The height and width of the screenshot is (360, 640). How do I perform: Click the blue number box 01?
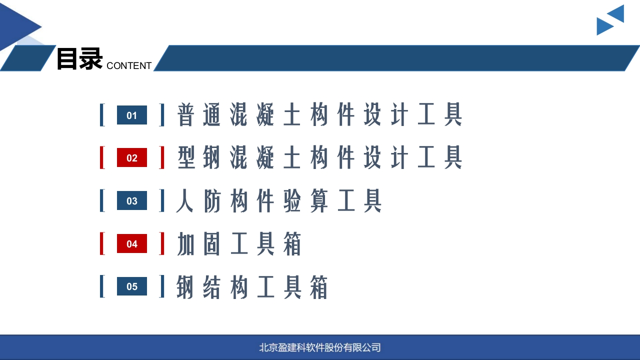coord(132,115)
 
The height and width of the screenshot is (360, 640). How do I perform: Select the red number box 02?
coord(132,157)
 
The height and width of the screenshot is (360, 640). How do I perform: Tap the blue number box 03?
coord(132,200)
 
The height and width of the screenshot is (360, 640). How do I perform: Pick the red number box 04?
coord(132,243)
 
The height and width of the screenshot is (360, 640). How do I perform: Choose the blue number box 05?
coord(132,286)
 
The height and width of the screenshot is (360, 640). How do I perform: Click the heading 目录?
coord(79,58)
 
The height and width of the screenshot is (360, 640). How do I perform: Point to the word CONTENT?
coord(129,65)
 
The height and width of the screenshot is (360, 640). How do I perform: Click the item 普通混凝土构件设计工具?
coord(319,114)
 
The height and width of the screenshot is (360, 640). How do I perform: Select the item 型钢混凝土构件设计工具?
coord(319,157)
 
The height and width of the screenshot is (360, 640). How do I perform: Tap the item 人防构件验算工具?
coord(279,200)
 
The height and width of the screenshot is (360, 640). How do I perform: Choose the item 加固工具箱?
coord(239,243)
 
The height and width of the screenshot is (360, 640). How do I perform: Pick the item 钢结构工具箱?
coord(252,287)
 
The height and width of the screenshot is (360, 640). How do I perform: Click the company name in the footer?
coord(320,347)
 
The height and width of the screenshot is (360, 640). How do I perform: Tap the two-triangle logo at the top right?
coord(610,20)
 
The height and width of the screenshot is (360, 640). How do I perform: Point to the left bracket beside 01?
coord(101,115)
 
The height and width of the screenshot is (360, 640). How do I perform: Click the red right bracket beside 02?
coord(162,157)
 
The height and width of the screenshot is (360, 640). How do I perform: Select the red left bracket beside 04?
coord(101,243)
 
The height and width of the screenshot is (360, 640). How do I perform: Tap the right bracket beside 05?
coord(162,286)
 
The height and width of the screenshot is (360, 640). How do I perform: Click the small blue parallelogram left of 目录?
coord(28,58)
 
